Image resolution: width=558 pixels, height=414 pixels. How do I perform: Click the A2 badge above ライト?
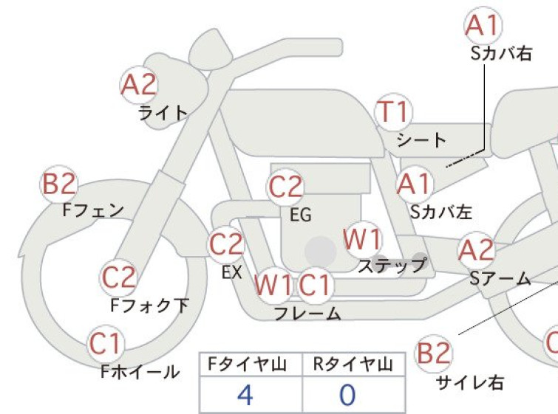(x=139, y=85)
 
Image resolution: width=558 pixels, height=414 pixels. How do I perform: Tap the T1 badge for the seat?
(x=394, y=112)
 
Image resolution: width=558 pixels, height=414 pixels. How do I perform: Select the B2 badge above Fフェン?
(x=59, y=184)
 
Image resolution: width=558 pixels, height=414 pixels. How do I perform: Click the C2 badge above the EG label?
(x=285, y=187)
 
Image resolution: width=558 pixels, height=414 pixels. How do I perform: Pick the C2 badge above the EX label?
(x=226, y=245)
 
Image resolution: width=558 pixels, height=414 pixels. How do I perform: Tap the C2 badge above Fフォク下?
(x=118, y=277)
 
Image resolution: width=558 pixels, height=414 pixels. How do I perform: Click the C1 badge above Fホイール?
(x=106, y=344)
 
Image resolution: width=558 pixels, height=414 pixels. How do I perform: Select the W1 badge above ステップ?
(x=362, y=239)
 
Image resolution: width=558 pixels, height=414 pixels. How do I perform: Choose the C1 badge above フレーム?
(x=316, y=286)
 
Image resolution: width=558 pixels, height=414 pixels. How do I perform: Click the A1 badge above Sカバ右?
(x=483, y=26)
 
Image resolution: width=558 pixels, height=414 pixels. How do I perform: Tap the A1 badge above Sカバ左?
(x=415, y=184)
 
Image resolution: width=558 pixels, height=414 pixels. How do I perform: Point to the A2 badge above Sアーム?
(x=476, y=250)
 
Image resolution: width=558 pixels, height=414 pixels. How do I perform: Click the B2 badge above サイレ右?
(x=434, y=353)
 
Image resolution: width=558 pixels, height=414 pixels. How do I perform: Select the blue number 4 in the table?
(x=245, y=395)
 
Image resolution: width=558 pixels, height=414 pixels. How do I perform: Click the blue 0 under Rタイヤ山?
(x=347, y=395)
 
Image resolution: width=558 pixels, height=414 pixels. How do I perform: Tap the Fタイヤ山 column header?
(x=247, y=365)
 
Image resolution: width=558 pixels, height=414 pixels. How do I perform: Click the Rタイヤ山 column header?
(x=353, y=365)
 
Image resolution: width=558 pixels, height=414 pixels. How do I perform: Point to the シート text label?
(x=421, y=140)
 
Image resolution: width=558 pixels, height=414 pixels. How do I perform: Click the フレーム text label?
(x=308, y=314)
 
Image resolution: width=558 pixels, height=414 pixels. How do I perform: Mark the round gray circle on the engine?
(x=321, y=252)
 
